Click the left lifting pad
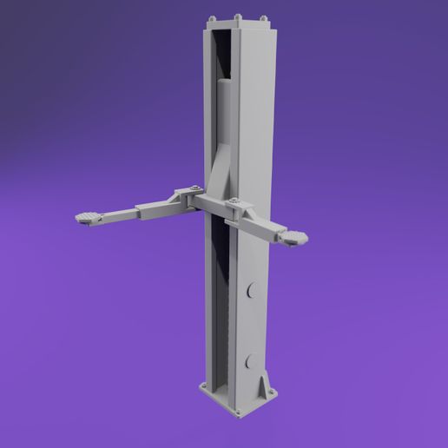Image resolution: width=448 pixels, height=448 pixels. [x=88, y=217]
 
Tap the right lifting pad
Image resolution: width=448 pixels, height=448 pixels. [x=295, y=237]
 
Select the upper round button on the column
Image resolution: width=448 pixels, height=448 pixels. [x=253, y=291]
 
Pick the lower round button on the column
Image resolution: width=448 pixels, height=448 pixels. [x=252, y=360]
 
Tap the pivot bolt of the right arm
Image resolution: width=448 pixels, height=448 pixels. [x=233, y=204]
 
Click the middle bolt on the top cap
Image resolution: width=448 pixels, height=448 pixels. [x=237, y=15]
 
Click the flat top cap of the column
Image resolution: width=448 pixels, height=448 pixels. [x=237, y=24]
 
